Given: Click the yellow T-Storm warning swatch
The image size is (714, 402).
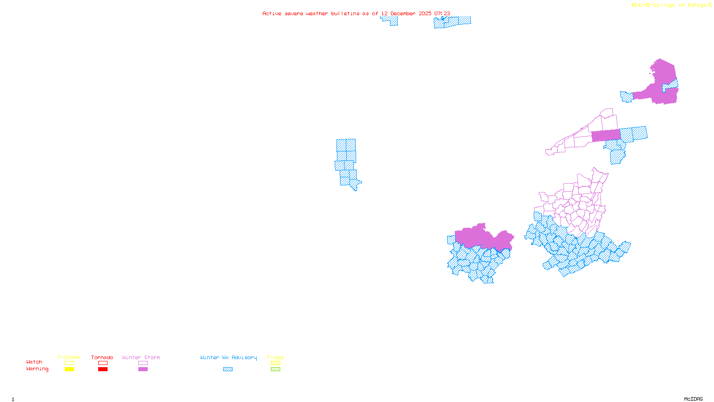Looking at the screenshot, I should coord(69,369).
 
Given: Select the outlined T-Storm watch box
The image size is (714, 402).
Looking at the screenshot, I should coord(69,363).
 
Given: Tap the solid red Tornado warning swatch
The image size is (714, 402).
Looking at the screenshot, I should coord(103,369).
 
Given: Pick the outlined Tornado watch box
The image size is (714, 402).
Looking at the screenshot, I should coord(103,363).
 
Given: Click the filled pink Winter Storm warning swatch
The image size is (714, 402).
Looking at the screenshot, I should coord(143,369).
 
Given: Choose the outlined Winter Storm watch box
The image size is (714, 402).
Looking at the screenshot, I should coord(143,363).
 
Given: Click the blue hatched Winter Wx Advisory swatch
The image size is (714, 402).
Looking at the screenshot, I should coord(228,369).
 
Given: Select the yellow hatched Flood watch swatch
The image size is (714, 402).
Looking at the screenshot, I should coord(275,363).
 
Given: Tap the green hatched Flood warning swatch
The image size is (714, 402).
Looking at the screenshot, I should coord(275,369).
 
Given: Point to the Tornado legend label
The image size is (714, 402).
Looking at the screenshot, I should coord(102,357).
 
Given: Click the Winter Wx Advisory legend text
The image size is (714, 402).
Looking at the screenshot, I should coord(228,357).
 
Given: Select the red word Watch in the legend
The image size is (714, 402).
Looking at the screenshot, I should coord(34,362).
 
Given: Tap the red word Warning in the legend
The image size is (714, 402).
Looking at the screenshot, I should coord(37,369).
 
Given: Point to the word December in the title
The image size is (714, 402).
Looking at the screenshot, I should coord(403,13).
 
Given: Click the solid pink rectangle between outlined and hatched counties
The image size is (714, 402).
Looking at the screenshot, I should coord(606,136).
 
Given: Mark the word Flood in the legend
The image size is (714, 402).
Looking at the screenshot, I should coord(275,357).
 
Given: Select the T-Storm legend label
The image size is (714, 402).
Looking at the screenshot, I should coord(69,357).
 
